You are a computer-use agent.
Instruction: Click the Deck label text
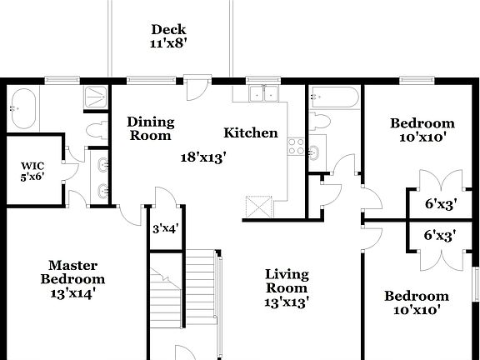click(x=168, y=31)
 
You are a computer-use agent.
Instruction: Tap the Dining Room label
click(x=150, y=128)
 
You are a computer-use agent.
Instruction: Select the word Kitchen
click(x=250, y=132)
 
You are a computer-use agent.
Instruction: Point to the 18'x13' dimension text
click(x=205, y=155)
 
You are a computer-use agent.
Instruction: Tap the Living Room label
click(x=287, y=281)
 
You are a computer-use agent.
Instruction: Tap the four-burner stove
click(x=295, y=147)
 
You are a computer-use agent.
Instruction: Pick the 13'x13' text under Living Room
click(x=287, y=302)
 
